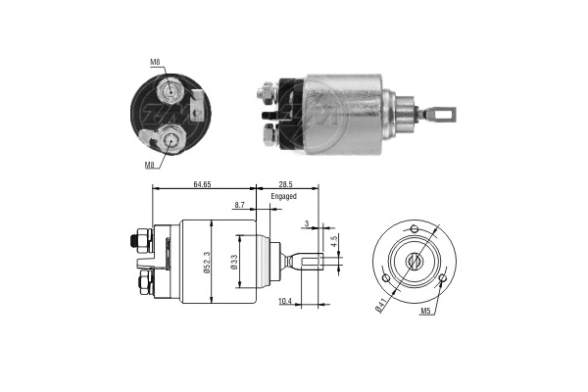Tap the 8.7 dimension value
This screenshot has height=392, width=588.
pyautogui.click(x=240, y=205)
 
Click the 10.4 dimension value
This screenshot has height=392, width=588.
pyautogui.click(x=284, y=300)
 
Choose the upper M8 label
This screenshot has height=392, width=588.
pyautogui.click(x=155, y=63)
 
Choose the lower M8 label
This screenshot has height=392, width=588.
pyautogui.click(x=151, y=164)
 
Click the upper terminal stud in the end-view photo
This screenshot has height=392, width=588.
pyautogui.click(x=173, y=92)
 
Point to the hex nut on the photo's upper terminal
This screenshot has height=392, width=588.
pyautogui.click(x=265, y=94)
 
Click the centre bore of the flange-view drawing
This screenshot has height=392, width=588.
pyautogui.click(x=413, y=261)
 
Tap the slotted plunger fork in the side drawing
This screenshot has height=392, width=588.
pyautogui.click(x=306, y=262)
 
